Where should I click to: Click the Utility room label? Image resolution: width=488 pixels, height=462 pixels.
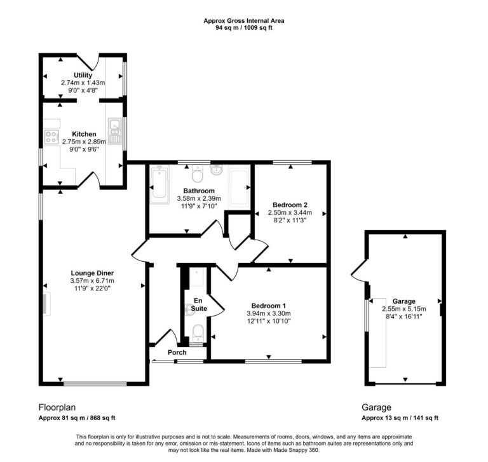(83, 76)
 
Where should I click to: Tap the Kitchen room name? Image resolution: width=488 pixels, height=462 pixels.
(84, 134)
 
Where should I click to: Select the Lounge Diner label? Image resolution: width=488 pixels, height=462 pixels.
(92, 273)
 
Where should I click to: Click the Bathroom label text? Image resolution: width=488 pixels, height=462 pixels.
(199, 191)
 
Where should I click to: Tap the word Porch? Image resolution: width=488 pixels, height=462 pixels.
(177, 353)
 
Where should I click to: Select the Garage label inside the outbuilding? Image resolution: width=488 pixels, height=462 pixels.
(403, 301)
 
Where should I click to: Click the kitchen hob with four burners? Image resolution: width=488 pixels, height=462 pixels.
(51, 135)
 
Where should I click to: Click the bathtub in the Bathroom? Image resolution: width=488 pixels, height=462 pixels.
(158, 186)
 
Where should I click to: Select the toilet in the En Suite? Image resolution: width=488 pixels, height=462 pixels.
(198, 331)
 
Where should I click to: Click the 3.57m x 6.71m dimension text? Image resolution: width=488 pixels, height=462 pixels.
(92, 280)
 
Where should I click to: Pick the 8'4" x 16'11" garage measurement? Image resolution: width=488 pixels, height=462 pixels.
(403, 316)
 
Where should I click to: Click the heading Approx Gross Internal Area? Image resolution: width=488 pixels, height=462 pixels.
(244, 21)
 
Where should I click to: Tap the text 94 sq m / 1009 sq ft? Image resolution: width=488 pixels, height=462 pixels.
(244, 28)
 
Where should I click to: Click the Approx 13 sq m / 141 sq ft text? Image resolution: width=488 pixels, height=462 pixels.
(400, 418)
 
